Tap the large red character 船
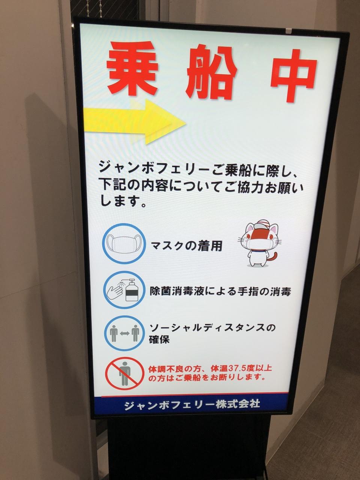coord(211,73)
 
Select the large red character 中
coord(294,75)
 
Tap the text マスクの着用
coord(186,246)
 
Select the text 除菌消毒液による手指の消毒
coord(220,291)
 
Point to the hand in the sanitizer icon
coord(114,291)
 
